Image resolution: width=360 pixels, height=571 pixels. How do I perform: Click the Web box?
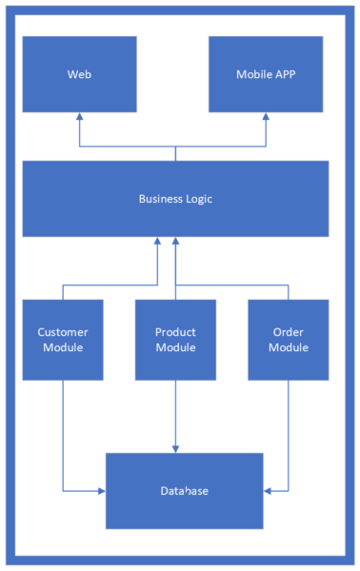pos(79,74)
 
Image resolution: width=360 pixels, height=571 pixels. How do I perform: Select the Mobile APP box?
pos(266,74)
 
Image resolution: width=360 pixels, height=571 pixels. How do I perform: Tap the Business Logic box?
pos(175,199)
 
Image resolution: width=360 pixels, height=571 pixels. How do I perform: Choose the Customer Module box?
pos(63,340)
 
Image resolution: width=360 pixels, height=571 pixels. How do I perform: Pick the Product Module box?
pos(175,340)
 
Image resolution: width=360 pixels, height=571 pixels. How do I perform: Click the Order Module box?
pos(288,340)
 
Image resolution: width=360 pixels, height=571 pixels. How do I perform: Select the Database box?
pos(184,490)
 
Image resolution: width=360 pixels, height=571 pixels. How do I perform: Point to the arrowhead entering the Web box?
pos(80,117)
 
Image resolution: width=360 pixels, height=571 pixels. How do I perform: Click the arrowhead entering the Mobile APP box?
pos(266,117)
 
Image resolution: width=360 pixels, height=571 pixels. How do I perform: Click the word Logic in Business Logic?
pos(196,199)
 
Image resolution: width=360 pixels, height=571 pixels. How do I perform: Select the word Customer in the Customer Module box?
pos(63,332)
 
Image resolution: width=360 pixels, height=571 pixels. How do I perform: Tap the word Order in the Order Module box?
pos(288,332)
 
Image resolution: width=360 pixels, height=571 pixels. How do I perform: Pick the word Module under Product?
pos(175,347)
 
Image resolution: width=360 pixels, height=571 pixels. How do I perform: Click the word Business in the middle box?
pos(159,199)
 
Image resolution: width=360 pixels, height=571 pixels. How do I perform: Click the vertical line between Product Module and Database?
pos(175,414)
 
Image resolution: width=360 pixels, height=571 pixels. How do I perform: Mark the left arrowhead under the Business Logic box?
pos(156,242)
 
